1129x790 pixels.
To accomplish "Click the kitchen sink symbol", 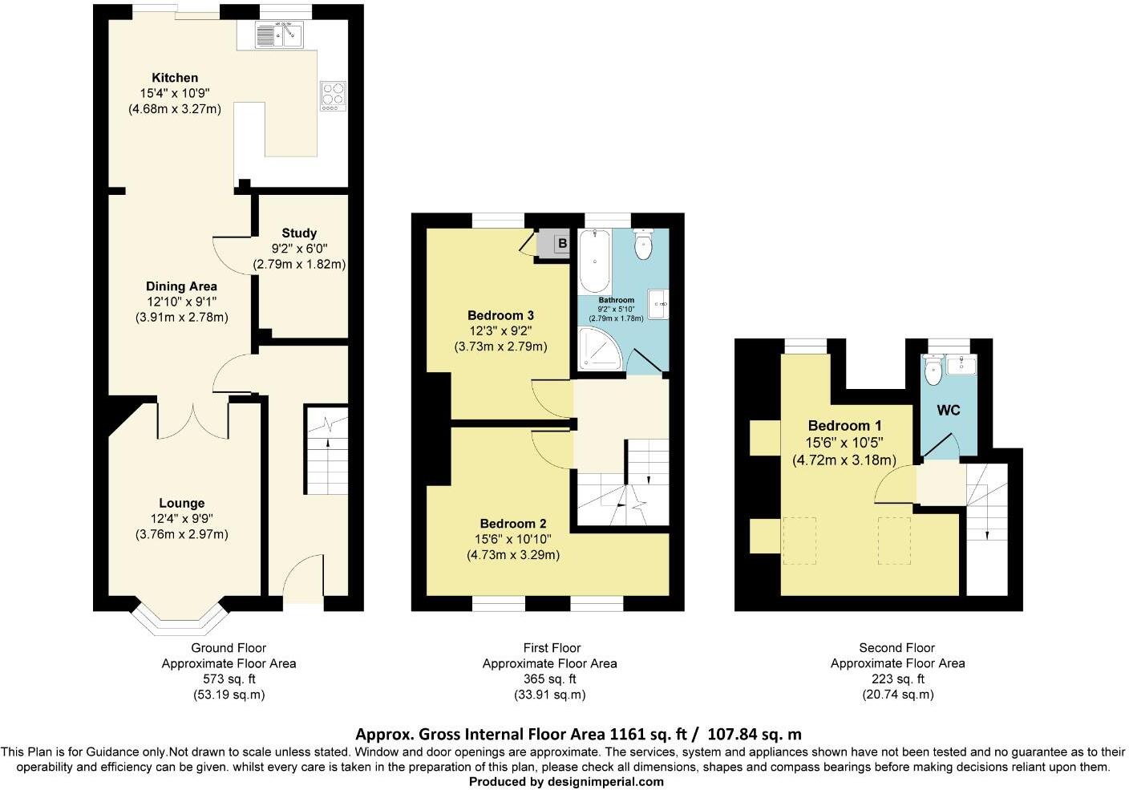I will point(278,34).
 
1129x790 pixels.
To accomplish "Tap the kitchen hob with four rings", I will point(332,95).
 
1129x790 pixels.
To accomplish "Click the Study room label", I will point(299,233).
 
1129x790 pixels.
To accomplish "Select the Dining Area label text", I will point(181,286).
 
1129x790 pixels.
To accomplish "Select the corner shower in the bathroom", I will point(597,352).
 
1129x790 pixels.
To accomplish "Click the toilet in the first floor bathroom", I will point(643,245).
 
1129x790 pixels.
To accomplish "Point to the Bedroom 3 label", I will point(500,315).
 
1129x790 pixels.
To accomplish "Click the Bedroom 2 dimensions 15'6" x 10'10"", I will point(513,539).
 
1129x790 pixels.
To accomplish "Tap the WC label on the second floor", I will point(949,411).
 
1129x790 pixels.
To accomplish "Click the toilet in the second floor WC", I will point(933,371).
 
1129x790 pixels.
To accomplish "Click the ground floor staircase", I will point(327,453).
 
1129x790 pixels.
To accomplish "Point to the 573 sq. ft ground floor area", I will point(229,679).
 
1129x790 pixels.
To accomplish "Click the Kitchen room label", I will point(175,78).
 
